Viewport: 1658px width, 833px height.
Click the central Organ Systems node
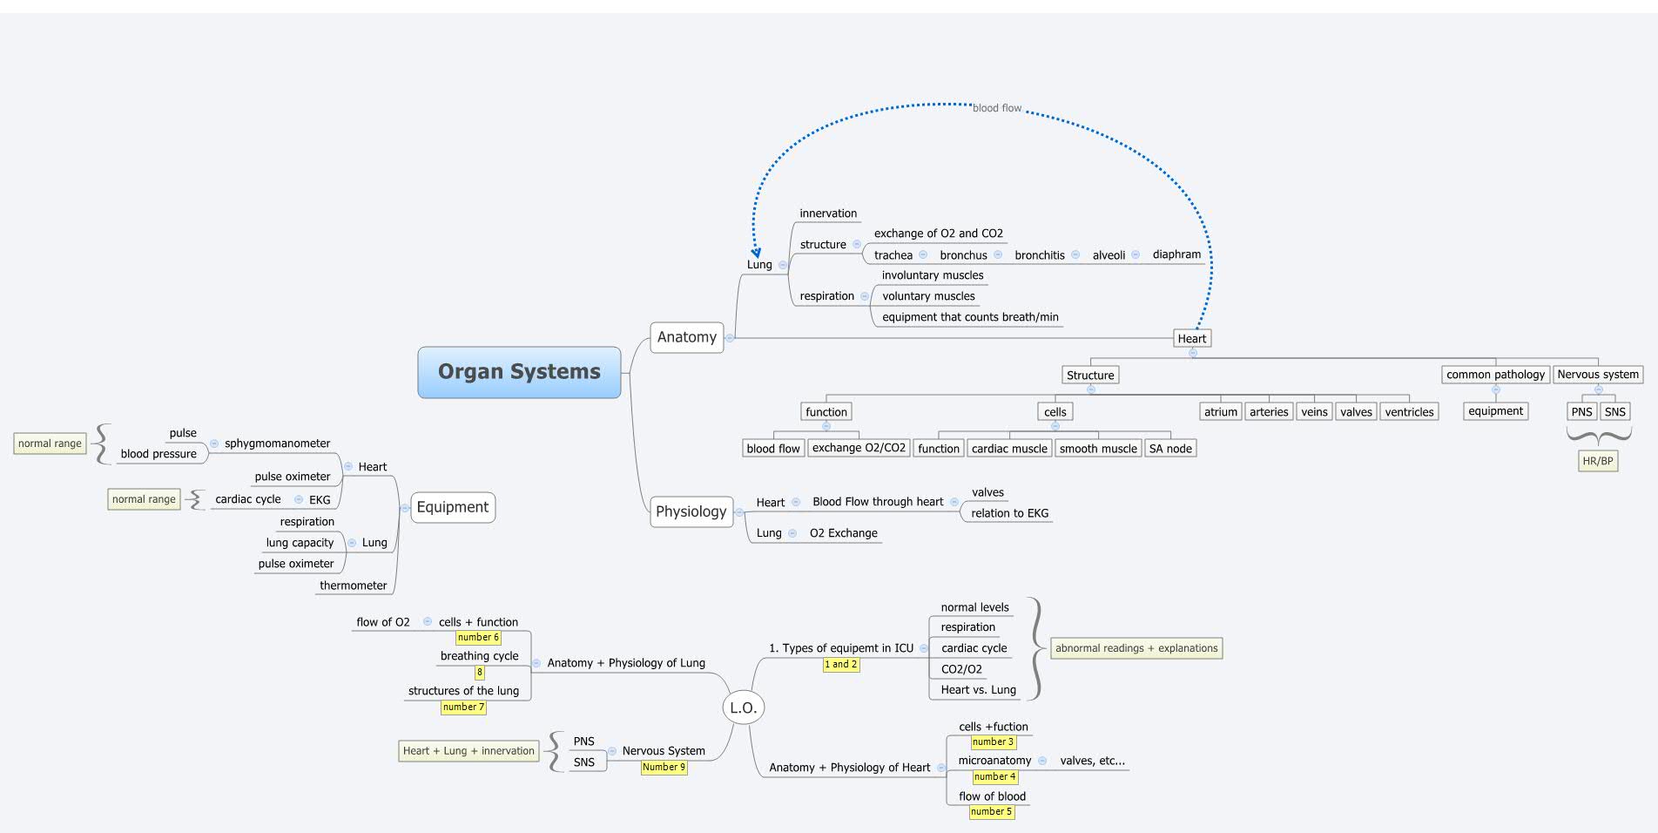pyautogui.click(x=519, y=372)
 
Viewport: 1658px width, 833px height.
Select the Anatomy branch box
pyautogui.click(x=686, y=337)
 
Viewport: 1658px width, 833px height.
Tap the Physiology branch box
pyautogui.click(x=691, y=511)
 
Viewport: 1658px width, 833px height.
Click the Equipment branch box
pyautogui.click(x=452, y=507)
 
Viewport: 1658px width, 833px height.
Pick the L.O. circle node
pyautogui.click(x=743, y=708)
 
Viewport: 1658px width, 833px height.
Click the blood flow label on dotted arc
pyautogui.click(x=996, y=108)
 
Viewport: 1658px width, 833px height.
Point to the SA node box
pyautogui.click(x=1169, y=449)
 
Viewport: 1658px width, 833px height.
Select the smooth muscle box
pyautogui.click(x=1097, y=449)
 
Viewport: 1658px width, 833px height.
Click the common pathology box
pyautogui.click(x=1494, y=375)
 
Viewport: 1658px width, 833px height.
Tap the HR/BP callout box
pyautogui.click(x=1597, y=461)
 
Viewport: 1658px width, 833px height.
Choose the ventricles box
pyautogui.click(x=1408, y=412)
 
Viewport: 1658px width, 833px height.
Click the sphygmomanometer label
pyautogui.click(x=277, y=444)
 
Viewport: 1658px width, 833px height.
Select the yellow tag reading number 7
pyautogui.click(x=463, y=708)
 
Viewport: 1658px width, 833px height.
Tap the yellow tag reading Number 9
pyautogui.click(x=664, y=768)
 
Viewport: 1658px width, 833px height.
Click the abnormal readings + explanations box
pyautogui.click(x=1136, y=648)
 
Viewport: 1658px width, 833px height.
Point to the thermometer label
pyautogui.click(x=353, y=586)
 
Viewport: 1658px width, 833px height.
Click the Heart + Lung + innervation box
pyautogui.click(x=468, y=751)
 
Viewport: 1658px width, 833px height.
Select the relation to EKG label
pyautogui.click(x=1009, y=513)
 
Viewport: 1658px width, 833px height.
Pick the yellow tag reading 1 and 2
pyautogui.click(x=840, y=665)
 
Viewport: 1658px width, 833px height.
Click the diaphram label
pyautogui.click(x=1176, y=254)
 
